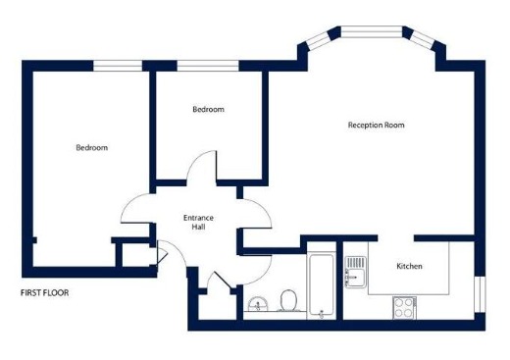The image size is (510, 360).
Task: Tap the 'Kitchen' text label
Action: click(x=409, y=267)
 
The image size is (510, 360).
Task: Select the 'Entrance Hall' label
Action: click(x=198, y=223)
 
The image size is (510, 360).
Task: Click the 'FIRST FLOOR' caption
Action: click(x=45, y=292)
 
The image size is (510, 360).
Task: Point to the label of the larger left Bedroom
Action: click(x=92, y=148)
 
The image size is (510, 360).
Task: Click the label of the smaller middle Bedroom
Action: click(x=208, y=110)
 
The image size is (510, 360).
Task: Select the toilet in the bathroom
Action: click(x=288, y=298)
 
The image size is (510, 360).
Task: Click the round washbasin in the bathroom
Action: click(x=258, y=303)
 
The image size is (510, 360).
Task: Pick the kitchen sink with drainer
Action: click(x=355, y=270)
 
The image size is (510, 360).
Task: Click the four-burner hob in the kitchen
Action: click(x=403, y=306)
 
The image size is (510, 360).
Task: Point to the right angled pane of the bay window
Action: click(x=423, y=40)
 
